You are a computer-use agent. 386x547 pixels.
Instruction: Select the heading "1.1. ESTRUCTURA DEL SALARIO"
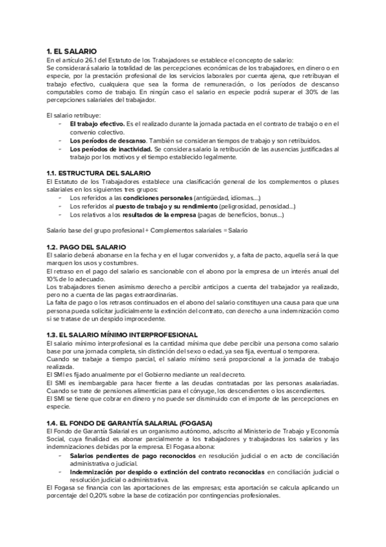pos(98,174)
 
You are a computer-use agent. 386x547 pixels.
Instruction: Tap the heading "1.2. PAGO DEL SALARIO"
pos(87,248)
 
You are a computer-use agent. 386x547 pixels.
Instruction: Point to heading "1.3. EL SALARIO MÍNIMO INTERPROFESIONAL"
pos(122,335)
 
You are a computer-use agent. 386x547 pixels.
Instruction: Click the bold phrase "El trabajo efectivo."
pos(97,123)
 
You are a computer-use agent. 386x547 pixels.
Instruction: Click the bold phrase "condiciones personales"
pos(158,198)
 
